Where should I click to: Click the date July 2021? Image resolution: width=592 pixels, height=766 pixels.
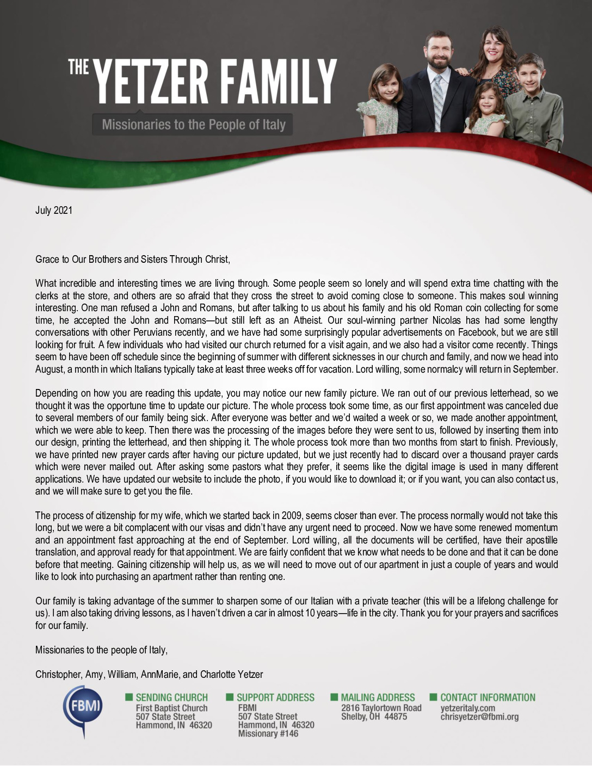54,211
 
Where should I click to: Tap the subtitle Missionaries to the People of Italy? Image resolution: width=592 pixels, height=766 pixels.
193,125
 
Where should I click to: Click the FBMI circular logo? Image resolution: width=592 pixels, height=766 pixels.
83,708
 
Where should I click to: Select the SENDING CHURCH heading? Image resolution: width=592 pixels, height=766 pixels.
171,697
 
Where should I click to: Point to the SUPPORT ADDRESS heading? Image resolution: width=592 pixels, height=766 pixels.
275,697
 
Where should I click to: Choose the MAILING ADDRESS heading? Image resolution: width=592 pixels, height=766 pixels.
378,697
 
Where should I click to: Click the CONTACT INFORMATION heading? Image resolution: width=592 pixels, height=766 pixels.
488,697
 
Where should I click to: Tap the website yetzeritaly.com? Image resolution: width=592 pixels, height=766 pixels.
467,708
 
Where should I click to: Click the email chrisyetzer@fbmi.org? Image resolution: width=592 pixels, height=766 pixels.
479,716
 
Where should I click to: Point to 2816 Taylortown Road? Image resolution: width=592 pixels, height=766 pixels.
381,708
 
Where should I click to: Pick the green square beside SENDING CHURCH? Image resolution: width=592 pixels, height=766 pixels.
129,697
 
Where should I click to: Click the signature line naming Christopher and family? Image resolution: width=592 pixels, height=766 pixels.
149,675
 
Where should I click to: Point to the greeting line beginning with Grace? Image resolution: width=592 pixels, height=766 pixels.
133,260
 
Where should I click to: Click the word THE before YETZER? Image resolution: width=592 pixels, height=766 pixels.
78,67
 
